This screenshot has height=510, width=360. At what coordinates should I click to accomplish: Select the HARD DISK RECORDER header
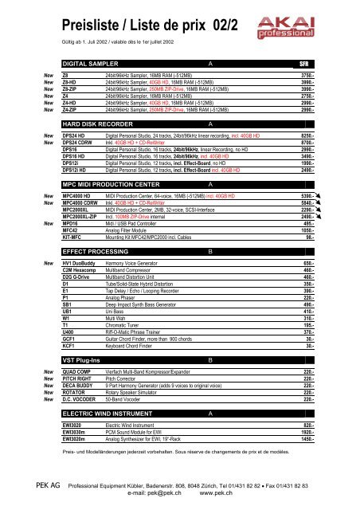point(99,125)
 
